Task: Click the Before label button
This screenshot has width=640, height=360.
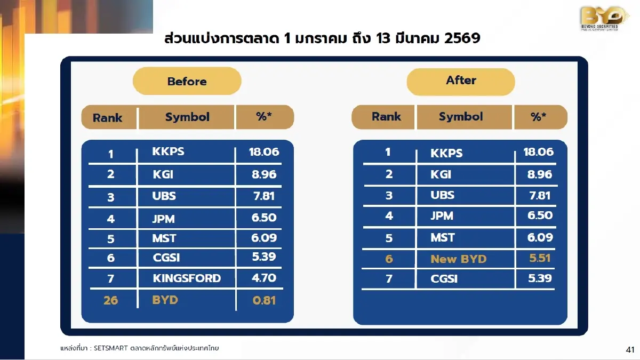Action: [187, 82]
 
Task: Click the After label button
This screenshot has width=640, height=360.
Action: [461, 81]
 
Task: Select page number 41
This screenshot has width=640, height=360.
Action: [630, 350]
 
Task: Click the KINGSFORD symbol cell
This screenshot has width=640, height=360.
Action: [187, 278]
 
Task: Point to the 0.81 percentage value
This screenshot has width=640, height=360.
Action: [264, 300]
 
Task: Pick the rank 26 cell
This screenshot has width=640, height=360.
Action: [111, 300]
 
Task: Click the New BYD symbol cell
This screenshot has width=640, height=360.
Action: [459, 259]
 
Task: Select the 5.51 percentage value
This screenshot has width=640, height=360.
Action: [540, 259]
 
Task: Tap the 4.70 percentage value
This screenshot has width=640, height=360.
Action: [264, 278]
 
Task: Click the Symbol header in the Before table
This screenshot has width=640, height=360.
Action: [187, 117]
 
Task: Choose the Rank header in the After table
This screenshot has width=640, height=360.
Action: [386, 117]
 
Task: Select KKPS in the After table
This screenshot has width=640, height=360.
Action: [446, 154]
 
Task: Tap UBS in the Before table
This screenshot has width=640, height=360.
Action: [164, 196]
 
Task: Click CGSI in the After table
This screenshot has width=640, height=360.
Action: [444, 279]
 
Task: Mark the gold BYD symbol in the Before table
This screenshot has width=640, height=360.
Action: [165, 300]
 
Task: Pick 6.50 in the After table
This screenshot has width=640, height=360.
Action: [540, 215]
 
